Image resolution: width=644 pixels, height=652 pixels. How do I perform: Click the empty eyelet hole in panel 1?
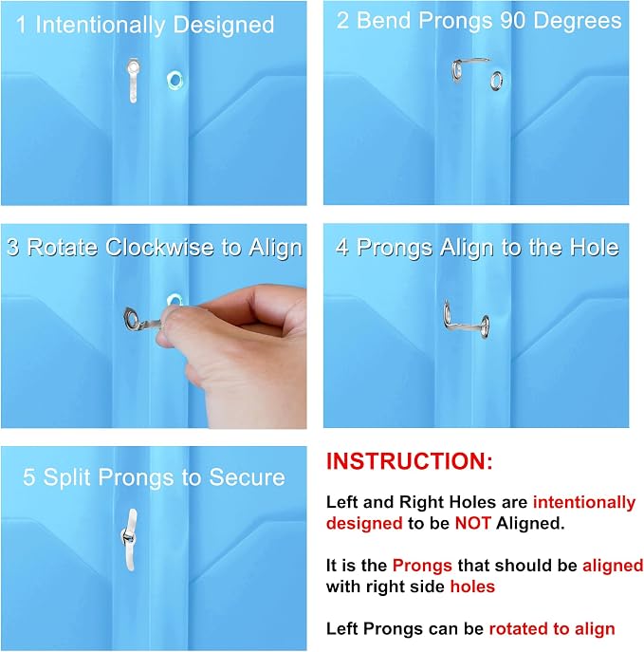tap(175, 81)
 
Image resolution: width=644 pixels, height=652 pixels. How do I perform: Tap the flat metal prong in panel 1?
tap(133, 80)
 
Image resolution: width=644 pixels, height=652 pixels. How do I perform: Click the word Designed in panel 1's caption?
tap(224, 25)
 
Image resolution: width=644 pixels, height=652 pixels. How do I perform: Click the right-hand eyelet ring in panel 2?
tap(496, 81)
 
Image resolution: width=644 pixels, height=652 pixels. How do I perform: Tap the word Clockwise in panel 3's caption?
tap(159, 248)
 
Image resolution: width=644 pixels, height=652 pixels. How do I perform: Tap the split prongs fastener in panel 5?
tap(130, 539)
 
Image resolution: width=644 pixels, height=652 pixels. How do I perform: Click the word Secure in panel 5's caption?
tap(247, 476)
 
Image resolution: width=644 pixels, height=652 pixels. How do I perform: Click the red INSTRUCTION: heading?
tap(409, 461)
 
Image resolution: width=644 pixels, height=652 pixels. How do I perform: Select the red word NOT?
tap(473, 523)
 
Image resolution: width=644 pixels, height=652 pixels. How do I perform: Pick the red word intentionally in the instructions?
tap(584, 502)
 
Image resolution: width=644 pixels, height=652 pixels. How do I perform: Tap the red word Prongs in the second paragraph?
tap(422, 566)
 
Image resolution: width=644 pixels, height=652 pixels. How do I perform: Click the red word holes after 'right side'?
tap(473, 587)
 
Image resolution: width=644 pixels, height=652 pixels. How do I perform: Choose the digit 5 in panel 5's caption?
tap(28, 477)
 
